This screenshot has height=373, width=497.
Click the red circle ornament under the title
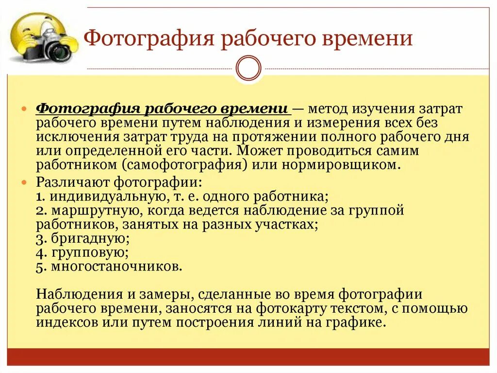[248, 68]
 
